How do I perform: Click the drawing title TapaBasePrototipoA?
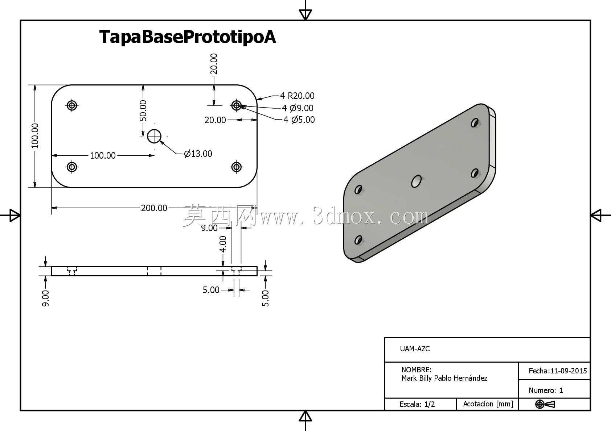click(187, 37)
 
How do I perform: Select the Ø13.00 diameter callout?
click(198, 154)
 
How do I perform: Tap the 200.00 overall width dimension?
click(154, 208)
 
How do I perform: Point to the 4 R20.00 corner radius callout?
click(297, 96)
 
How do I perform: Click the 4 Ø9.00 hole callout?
click(298, 108)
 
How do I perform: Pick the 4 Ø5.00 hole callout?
click(299, 120)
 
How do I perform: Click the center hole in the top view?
click(154, 136)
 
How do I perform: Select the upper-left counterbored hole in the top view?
click(72, 105)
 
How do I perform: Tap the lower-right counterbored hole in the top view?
click(236, 167)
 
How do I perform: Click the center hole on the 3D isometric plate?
click(417, 181)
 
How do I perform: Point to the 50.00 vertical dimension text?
click(143, 110)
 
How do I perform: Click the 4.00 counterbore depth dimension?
click(223, 244)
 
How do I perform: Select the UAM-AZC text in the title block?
click(415, 349)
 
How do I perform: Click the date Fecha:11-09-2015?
click(558, 371)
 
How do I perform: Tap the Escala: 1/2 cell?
click(417, 404)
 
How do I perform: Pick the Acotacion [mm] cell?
click(488, 404)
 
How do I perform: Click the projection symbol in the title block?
click(545, 404)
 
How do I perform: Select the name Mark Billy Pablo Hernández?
click(444, 378)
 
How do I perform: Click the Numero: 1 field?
click(546, 390)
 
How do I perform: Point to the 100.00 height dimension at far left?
click(35, 136)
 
